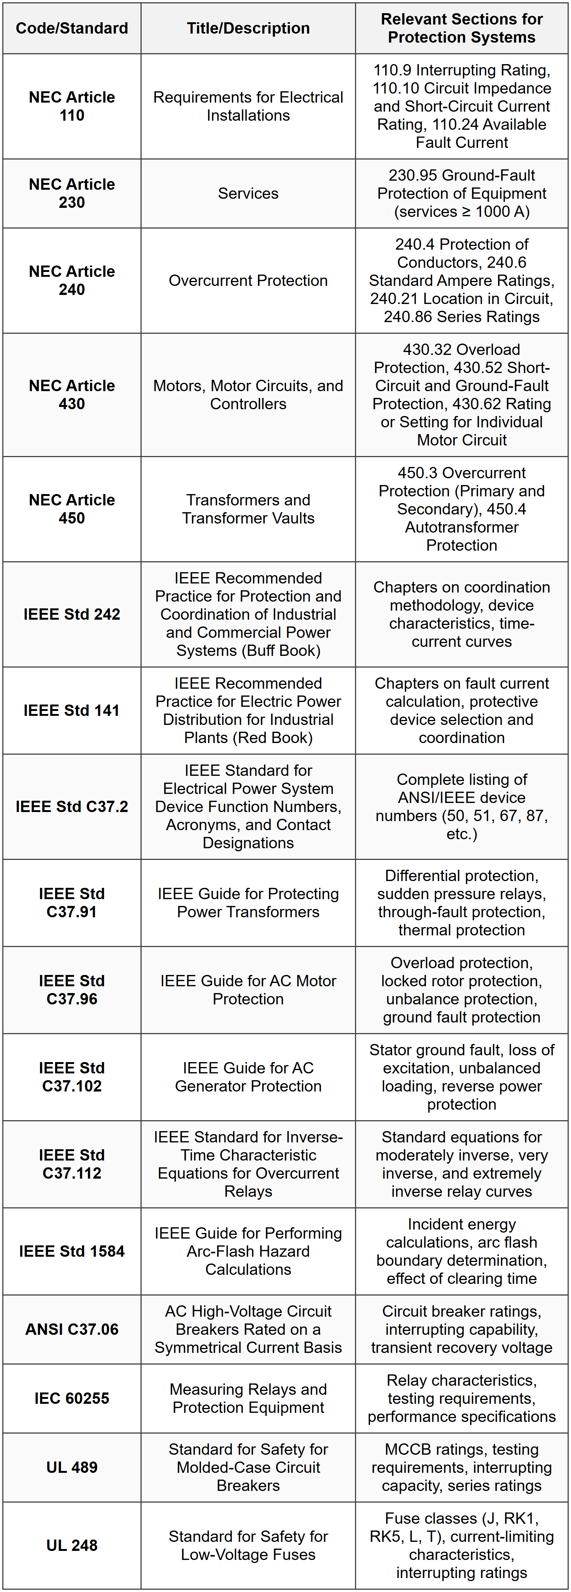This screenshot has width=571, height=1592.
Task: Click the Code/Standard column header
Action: click(72, 28)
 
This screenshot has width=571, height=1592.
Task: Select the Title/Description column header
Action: click(248, 28)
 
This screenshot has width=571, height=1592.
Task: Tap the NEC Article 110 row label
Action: click(72, 106)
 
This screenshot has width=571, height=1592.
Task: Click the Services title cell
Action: click(248, 193)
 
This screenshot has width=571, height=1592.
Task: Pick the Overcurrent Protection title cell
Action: click(248, 281)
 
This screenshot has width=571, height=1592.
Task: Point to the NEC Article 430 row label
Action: click(72, 395)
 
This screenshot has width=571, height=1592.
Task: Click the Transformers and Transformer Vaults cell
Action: click(248, 509)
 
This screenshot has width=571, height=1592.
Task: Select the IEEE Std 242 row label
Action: click(72, 614)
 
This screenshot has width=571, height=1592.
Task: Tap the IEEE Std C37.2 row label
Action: click(72, 806)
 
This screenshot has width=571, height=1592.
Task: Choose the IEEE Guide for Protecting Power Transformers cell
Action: click(248, 903)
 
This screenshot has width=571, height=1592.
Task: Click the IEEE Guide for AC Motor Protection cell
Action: click(248, 990)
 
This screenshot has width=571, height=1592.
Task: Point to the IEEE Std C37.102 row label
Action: click(72, 1077)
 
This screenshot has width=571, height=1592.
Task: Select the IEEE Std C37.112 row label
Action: click(72, 1164)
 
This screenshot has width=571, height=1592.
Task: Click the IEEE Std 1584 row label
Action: click(72, 1251)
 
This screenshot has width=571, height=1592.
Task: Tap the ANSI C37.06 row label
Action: click(72, 1329)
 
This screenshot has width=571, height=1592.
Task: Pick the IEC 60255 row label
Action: click(72, 1399)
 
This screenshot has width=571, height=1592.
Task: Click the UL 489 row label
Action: click(72, 1468)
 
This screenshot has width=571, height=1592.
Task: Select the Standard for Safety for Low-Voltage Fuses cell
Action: click(248, 1546)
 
